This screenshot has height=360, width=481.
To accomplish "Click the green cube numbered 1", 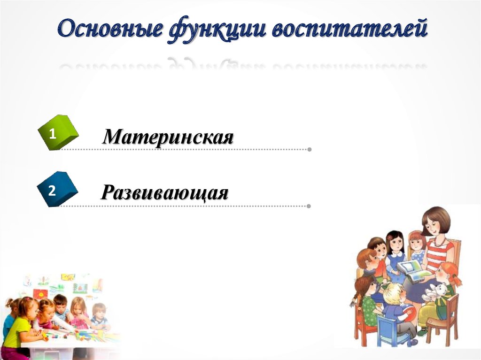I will point(57,133).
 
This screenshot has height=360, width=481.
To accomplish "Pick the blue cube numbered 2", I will point(57,190).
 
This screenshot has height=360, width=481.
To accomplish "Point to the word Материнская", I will point(168,137).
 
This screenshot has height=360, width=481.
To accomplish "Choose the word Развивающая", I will point(165,192).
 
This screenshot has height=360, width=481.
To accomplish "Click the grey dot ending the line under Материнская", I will point(309,150).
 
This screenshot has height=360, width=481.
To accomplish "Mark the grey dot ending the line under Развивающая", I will point(309,206).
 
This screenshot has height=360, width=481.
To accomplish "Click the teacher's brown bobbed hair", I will point(436,218).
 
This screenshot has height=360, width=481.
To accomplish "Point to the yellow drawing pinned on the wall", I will point(68,277).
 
